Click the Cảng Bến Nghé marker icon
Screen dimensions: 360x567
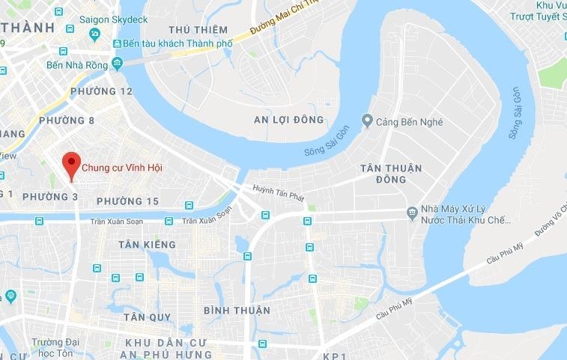pyautogui.click(x=367, y=120)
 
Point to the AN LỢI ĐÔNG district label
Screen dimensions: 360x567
pyautogui.click(x=288, y=120)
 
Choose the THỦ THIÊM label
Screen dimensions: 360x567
pyautogui.click(x=198, y=30)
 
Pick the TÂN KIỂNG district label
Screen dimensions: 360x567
pyautogui.click(x=148, y=245)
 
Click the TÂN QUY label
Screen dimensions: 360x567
pyautogui.click(x=148, y=317)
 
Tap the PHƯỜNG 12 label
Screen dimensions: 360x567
pyautogui.click(x=100, y=91)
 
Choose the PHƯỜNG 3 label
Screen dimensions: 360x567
pyautogui.click(x=49, y=196)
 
